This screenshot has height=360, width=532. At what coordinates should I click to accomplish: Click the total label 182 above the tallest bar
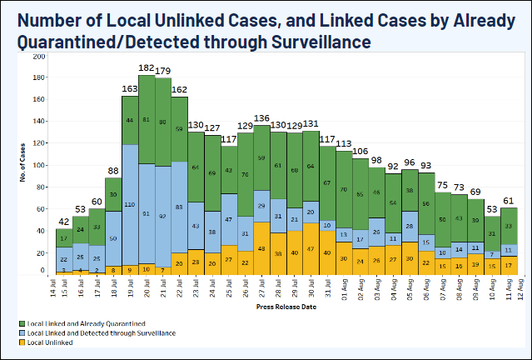(146, 68)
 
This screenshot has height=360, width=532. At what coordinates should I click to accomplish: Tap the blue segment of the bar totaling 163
(130, 205)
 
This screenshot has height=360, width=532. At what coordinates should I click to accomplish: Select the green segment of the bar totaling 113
(344, 189)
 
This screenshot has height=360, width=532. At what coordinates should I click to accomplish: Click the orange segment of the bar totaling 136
(262, 247)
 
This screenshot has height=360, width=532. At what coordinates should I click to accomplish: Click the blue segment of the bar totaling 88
(113, 237)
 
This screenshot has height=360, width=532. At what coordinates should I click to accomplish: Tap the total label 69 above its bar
(475, 192)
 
